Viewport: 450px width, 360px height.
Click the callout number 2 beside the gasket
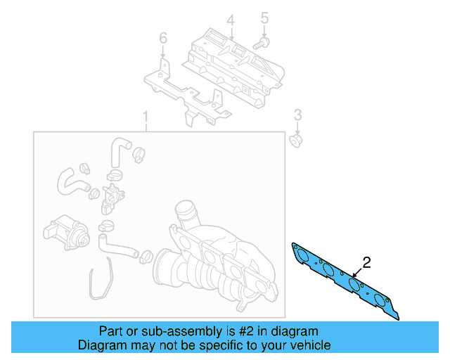(366, 263)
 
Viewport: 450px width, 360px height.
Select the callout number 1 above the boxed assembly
(146, 116)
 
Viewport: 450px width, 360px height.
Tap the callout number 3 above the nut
(297, 115)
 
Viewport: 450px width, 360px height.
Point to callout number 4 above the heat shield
(230, 19)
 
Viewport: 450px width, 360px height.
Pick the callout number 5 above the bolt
(264, 18)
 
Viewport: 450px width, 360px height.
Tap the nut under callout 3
(296, 140)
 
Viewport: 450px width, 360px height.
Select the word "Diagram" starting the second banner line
(100, 345)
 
